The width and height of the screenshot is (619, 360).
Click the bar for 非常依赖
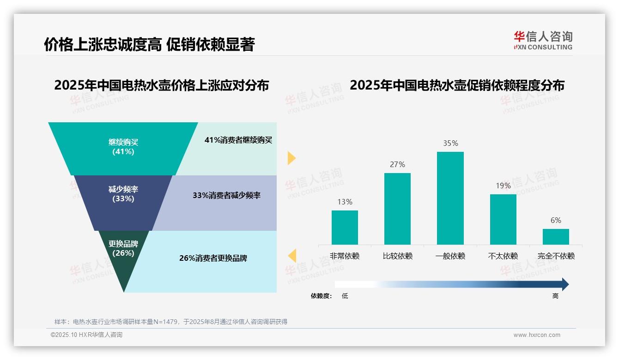pos(345,227)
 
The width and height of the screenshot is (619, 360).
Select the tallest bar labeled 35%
pos(450,198)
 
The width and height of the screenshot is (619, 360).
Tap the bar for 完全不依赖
pos(556,236)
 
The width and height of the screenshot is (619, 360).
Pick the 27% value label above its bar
pos(397,165)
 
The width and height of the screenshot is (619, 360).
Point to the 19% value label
pos(503,186)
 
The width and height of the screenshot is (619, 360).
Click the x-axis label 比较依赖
pos(397,256)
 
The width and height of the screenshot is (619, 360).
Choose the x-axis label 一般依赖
pos(450,256)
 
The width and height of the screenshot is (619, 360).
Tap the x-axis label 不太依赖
pos(503,256)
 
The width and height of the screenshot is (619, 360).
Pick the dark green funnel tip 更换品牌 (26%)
pos(123,254)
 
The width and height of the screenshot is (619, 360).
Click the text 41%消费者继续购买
pos(238,140)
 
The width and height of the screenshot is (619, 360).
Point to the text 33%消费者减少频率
pos(226,196)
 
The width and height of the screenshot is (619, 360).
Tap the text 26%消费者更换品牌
pos(213,258)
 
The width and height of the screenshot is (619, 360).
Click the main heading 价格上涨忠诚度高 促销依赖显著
pos(149,44)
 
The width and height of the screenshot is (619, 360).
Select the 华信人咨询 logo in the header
pos(543,40)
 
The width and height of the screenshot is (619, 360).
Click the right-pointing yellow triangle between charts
pos(291,158)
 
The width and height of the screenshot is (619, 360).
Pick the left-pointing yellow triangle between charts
pos(292,256)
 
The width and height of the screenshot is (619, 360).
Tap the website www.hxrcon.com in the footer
pos(537,335)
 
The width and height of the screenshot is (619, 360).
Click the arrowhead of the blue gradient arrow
pos(564,284)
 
